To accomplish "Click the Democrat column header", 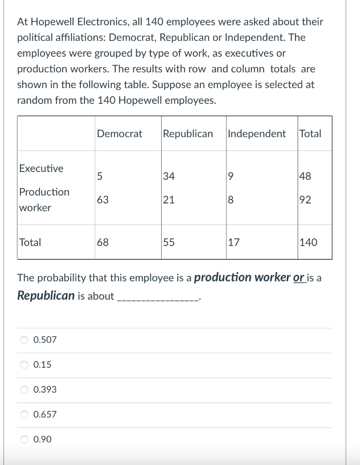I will click(120, 134).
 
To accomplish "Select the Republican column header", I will click(188, 134).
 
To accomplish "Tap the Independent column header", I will click(257, 134).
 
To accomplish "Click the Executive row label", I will click(41, 168).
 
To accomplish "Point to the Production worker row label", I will click(44, 200).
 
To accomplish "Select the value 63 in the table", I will click(102, 200).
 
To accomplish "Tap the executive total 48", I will click(305, 176).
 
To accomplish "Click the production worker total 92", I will click(305, 200).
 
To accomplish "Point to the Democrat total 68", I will click(103, 242).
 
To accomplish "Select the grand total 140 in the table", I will click(309, 242).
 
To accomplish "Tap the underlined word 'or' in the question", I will click(299, 277).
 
